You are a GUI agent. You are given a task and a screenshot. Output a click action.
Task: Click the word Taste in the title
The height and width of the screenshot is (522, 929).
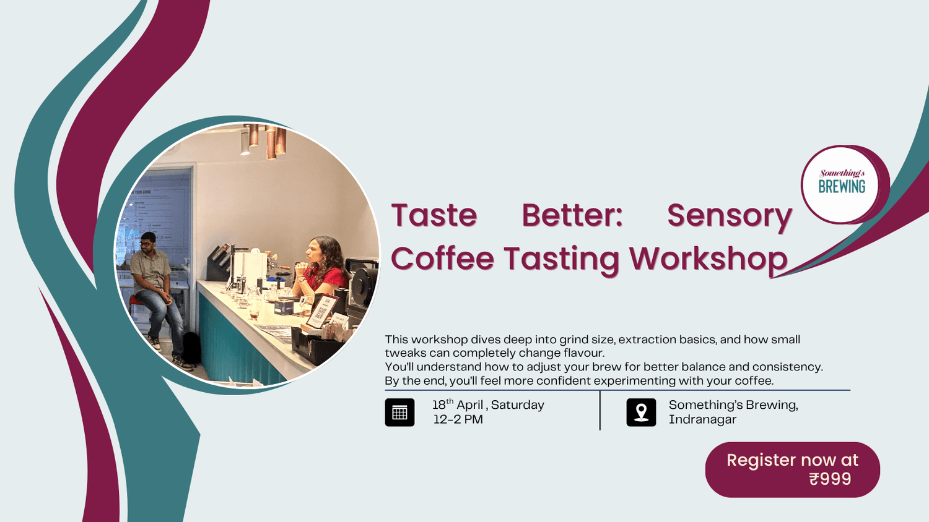point(434,216)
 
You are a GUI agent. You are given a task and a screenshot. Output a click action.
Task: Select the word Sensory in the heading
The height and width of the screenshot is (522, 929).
point(729,216)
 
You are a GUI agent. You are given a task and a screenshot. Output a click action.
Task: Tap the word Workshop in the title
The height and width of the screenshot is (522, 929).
point(708,259)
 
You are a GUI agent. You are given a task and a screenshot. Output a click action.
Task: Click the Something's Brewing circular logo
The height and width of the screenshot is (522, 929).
point(842,184)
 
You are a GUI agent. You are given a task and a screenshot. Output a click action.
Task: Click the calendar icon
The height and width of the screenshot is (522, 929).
point(399,413)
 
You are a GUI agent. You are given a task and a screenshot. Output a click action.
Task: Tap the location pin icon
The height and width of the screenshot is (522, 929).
point(641,413)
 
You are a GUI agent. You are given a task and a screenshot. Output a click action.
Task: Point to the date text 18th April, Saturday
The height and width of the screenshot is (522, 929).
point(488,405)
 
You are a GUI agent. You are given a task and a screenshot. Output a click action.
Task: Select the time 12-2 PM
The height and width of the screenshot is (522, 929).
point(458,419)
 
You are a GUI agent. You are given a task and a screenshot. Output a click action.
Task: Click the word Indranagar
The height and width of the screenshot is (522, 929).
point(702,419)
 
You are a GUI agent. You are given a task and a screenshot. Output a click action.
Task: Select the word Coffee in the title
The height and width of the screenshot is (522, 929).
point(442,259)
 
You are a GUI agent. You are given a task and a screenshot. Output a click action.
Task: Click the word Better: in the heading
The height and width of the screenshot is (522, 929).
point(572,216)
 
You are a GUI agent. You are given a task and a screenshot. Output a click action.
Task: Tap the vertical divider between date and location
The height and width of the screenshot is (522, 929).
point(600,410)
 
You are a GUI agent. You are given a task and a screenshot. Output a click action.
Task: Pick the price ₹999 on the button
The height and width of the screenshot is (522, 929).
point(830,479)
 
